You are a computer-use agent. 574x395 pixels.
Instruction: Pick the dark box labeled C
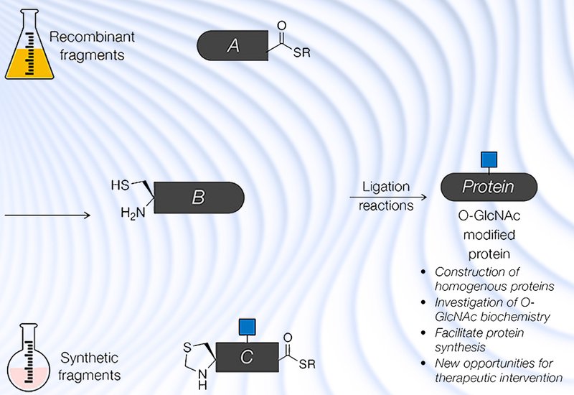point(247,357)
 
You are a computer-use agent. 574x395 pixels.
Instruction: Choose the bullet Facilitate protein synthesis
point(479,339)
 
